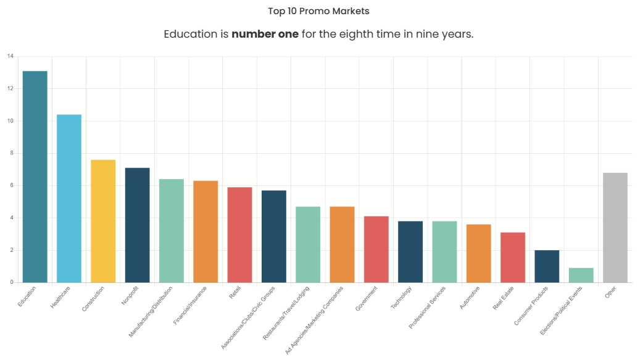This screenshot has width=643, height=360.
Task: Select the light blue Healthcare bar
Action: [x=69, y=198]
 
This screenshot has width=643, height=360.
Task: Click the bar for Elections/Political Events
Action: [x=581, y=275]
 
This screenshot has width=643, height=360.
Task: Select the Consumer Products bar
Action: [x=547, y=266]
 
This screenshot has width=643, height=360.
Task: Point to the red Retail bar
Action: [x=239, y=235]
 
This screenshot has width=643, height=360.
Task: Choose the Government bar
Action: [x=376, y=249]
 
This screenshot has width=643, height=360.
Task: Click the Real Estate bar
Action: [x=513, y=257]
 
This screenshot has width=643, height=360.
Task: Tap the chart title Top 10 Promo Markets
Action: [x=319, y=11]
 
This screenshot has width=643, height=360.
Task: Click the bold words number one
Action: [x=265, y=34]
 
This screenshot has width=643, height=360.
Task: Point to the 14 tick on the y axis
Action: [x=10, y=56]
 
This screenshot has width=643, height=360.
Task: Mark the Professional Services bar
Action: [x=444, y=251]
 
